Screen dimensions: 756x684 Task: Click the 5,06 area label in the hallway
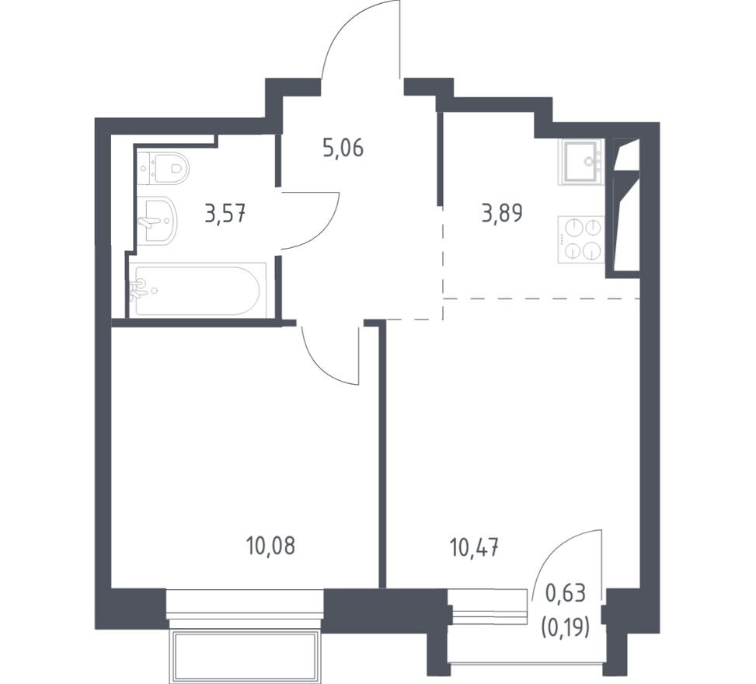[343, 148]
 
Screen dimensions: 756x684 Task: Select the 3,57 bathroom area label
[225, 213]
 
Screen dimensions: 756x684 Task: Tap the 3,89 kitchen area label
[502, 213]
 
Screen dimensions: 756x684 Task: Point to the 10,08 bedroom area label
[270, 546]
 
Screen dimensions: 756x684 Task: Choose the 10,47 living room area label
[474, 549]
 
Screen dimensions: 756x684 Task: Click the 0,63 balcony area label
[565, 593]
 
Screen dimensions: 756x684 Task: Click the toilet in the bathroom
[163, 167]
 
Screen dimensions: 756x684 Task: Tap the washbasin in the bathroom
[158, 220]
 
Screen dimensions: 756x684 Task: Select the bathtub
[197, 291]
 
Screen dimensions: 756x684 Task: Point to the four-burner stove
[581, 239]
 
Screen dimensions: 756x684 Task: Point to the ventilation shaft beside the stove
[624, 208]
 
